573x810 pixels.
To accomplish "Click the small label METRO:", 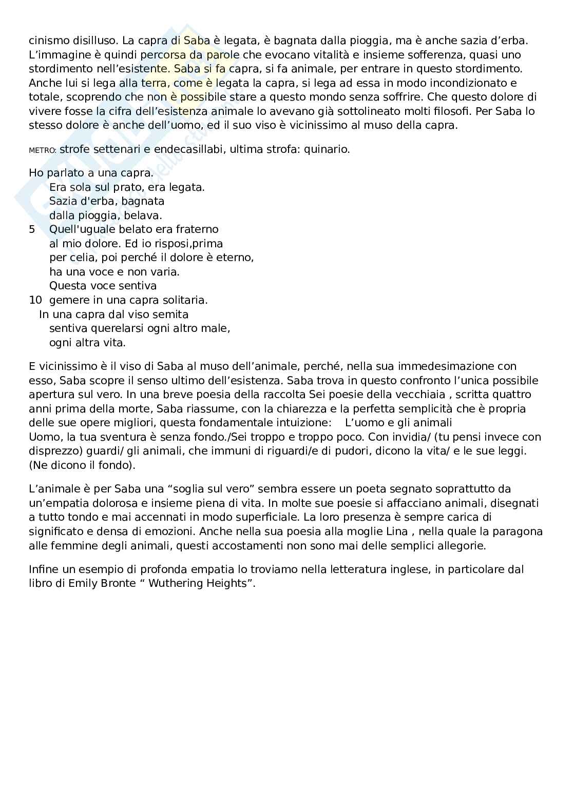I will (43, 151).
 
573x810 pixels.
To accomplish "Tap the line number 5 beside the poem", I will (32, 229).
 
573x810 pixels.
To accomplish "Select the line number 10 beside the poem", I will (35, 300).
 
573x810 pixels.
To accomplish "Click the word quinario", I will (327, 150).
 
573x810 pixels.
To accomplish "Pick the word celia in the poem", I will (73, 258).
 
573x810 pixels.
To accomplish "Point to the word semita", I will (172, 314).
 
